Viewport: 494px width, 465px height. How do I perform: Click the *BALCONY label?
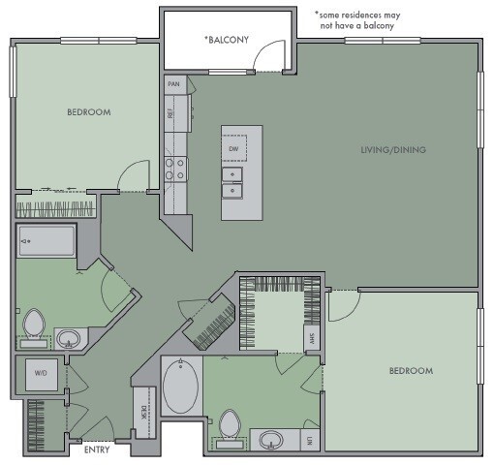point(227,40)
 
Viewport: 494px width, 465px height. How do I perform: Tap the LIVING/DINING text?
point(393,149)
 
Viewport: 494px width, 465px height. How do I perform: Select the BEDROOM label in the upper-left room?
point(88,112)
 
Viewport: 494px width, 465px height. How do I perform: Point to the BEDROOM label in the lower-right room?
point(411,371)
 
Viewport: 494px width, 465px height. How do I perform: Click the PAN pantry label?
point(174,84)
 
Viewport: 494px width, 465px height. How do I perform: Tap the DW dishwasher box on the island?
point(233,148)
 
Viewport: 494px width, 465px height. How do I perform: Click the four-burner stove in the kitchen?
point(174,170)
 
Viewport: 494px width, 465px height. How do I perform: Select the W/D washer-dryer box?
point(42,372)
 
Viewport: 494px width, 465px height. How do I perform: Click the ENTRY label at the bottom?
point(97,450)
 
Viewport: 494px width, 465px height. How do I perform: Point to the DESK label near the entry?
point(141,397)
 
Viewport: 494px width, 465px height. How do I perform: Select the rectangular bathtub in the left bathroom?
point(46,241)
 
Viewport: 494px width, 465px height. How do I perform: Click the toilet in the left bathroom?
point(34,325)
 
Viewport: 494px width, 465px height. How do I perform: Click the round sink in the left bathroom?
point(69,338)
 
